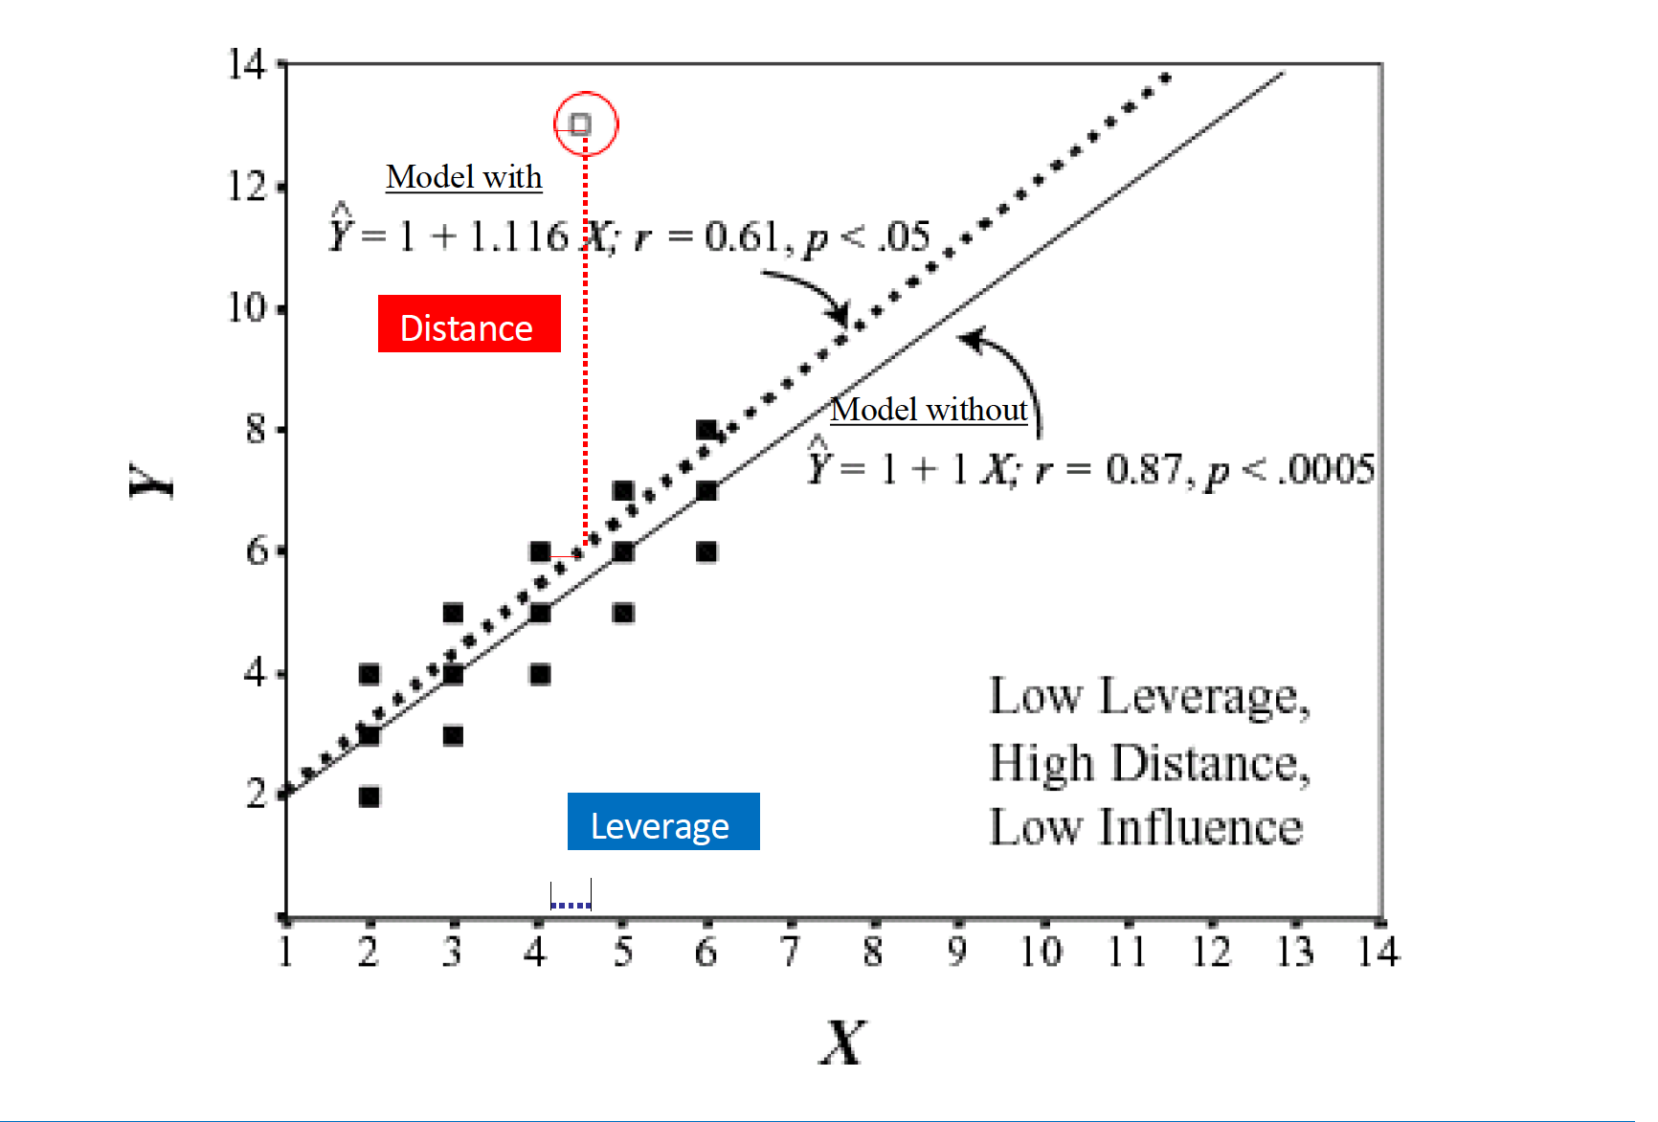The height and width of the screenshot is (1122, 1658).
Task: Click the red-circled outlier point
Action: tap(580, 124)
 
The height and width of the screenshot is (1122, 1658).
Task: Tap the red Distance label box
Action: tap(469, 325)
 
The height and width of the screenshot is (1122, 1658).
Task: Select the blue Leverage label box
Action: tap(663, 821)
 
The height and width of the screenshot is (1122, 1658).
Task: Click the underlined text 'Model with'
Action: tap(464, 177)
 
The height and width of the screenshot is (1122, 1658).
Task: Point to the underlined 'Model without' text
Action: tap(929, 410)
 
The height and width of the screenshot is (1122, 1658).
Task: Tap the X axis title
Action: tap(842, 1042)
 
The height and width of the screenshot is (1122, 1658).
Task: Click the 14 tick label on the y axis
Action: tap(245, 64)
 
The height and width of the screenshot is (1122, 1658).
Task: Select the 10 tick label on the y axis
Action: tap(245, 308)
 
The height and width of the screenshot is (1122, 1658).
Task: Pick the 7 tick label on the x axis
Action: tap(789, 952)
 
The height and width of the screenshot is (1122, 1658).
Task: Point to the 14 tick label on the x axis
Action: tap(1378, 952)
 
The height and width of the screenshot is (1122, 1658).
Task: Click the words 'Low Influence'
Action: tap(1145, 828)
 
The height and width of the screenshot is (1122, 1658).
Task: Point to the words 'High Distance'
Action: tap(1145, 764)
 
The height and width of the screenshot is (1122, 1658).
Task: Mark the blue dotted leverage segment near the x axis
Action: tap(571, 904)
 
